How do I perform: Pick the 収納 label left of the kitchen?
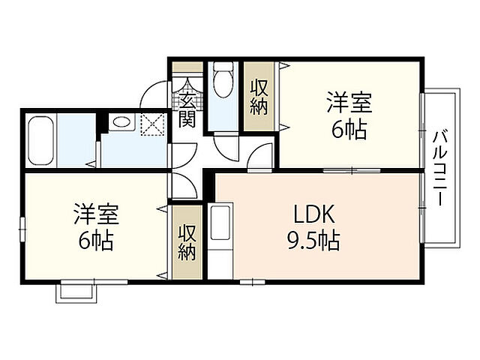pyautogui.click(x=186, y=241)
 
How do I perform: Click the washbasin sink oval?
pyautogui.click(x=120, y=122)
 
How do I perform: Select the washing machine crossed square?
pyautogui.click(x=154, y=123)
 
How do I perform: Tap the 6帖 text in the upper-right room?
pyautogui.click(x=349, y=130)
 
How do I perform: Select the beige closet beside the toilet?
pyautogui.click(x=259, y=97)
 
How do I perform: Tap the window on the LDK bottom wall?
pyautogui.click(x=252, y=283)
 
